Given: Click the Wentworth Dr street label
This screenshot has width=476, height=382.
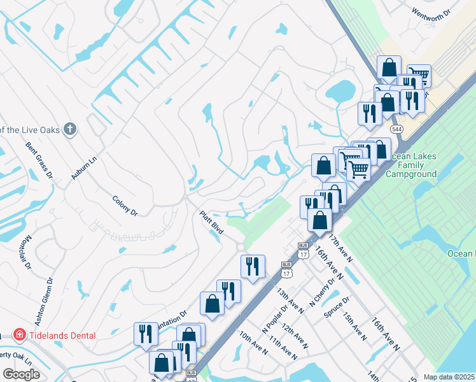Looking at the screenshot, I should [x=430, y=12].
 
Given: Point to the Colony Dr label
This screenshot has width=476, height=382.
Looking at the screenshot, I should [x=125, y=206].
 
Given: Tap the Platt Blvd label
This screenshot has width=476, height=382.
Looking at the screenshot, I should [x=211, y=223].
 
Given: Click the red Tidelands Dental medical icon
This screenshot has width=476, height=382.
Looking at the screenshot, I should [x=19, y=336].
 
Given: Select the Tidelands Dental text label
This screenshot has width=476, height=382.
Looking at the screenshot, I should [x=62, y=336].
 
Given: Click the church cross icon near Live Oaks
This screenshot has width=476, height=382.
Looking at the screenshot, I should [x=70, y=130].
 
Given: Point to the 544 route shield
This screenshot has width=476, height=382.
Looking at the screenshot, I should [x=397, y=129].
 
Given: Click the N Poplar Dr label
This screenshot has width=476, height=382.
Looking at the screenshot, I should [x=272, y=325].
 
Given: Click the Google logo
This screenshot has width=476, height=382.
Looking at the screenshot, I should [x=21, y=374].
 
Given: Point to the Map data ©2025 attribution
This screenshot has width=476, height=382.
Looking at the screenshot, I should [x=449, y=377].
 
